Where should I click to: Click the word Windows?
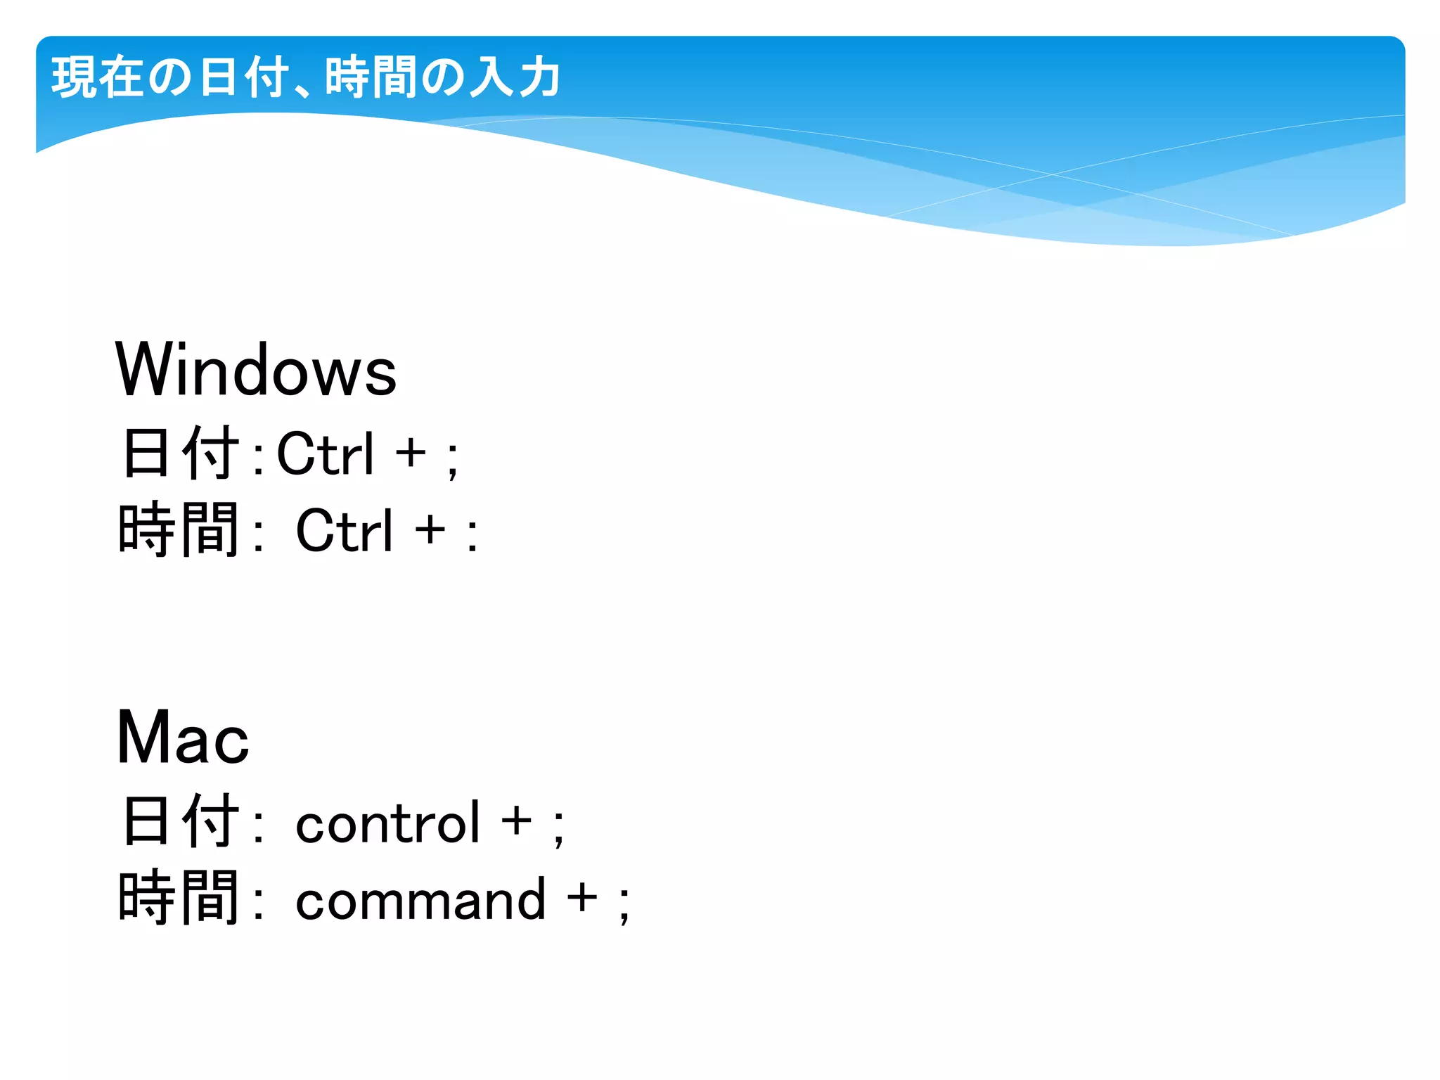pos(256,371)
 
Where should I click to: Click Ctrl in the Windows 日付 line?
pos(326,454)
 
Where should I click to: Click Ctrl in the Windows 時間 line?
pos(345,531)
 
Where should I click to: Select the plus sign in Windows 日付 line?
pos(411,453)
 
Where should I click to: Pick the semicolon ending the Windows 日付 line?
pos(453,459)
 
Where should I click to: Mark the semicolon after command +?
pos(624,904)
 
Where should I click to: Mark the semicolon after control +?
pos(558,827)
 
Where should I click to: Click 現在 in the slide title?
pos(97,77)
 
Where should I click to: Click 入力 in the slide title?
pos(515,77)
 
